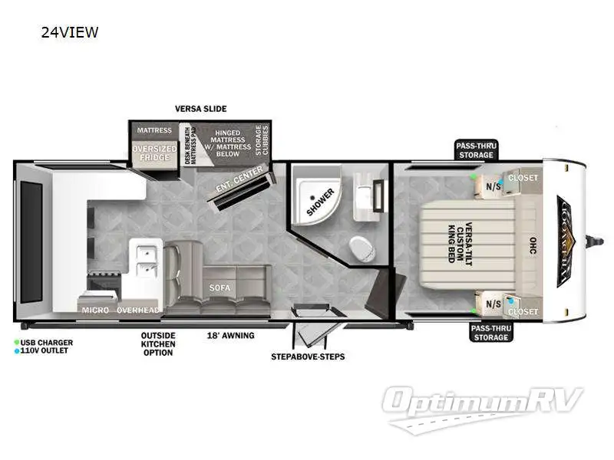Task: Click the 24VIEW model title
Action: tap(71, 32)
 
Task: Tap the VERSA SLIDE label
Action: tap(201, 109)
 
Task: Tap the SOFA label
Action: tap(219, 287)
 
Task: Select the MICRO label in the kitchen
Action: tap(95, 310)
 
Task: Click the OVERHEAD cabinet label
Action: tap(138, 310)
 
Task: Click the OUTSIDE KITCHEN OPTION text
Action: tap(158, 343)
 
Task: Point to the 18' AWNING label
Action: tap(230, 335)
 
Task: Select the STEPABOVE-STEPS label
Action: tap(308, 356)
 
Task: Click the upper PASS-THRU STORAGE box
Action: tap(475, 149)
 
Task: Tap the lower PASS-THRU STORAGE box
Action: tap(490, 332)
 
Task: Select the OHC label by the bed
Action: tap(531, 245)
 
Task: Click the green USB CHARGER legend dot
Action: tap(17, 342)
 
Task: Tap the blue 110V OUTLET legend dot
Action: tap(17, 351)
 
